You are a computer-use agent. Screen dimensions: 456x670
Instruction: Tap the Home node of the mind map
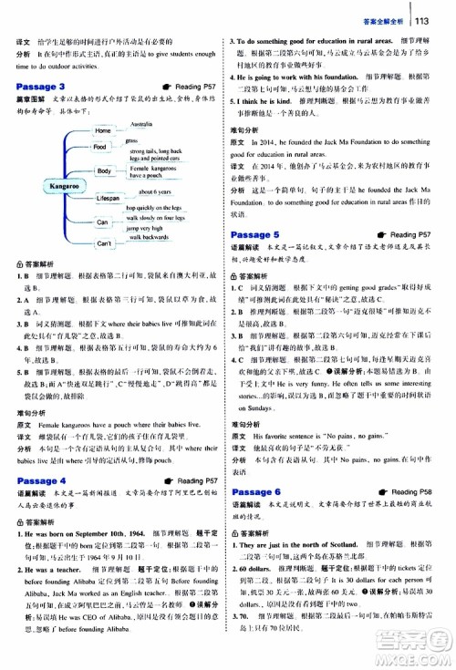click(102, 131)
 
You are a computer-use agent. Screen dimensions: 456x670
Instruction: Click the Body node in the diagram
click(104, 170)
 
